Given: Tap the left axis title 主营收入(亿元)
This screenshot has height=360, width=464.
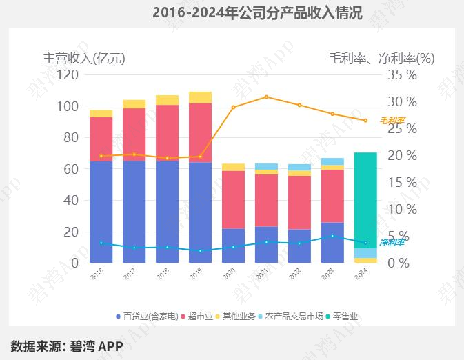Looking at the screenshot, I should point(84,59).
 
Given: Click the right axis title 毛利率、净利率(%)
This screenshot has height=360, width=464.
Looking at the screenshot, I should point(381,59).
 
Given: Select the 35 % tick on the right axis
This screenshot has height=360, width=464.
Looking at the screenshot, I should point(402,74).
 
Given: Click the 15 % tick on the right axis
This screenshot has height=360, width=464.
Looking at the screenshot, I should point(402,182).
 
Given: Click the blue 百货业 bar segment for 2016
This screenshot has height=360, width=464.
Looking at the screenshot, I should point(101,212).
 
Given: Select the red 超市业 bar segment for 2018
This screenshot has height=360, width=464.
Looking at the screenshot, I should point(167,132).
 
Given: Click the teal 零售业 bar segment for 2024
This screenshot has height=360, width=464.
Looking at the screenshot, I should point(365,200).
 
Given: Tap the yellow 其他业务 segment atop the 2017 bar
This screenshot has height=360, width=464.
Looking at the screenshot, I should point(134,103).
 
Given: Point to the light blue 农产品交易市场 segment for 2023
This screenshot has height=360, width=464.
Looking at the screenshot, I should point(332,161).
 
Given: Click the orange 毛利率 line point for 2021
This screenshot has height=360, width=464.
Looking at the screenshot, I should point(266,97).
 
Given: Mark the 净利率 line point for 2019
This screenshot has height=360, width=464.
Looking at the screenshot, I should point(200,250).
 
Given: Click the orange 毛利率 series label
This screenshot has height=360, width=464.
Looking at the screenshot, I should point(392,121).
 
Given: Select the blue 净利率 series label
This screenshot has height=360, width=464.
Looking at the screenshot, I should point(392,242).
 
